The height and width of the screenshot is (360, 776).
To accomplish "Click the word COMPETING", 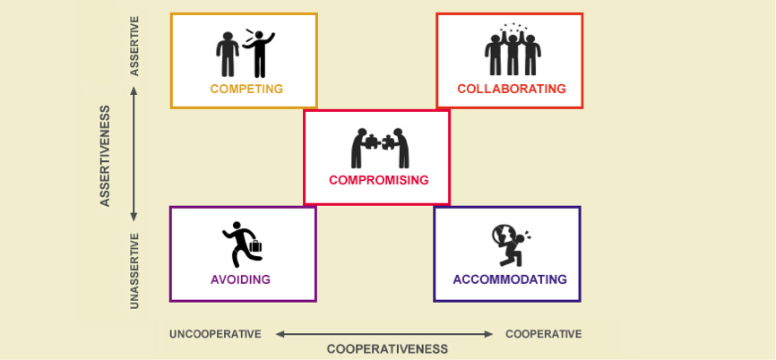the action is [x=246, y=89].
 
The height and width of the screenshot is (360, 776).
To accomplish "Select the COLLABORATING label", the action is [x=512, y=89].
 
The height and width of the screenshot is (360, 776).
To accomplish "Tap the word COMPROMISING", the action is [x=379, y=180].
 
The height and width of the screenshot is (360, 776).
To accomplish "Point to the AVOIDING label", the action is [x=240, y=279].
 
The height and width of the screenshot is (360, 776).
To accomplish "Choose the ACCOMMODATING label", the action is [x=510, y=279].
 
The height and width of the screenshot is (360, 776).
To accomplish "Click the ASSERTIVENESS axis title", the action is [x=105, y=156].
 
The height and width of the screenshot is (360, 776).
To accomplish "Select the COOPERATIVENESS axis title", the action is [x=387, y=349].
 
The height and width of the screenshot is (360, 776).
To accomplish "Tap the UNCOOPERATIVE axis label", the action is [x=215, y=334].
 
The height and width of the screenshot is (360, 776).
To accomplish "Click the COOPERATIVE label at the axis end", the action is [x=543, y=334].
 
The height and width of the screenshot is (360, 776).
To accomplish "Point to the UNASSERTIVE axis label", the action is [x=134, y=271].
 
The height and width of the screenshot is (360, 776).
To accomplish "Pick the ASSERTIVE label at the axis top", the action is [x=134, y=46].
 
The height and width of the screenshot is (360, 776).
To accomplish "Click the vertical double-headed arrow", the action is [x=134, y=154].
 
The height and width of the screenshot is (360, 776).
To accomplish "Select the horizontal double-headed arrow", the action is [x=384, y=334].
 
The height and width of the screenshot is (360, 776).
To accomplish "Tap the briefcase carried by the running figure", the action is [x=255, y=245].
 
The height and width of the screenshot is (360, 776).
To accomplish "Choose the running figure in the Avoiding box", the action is [x=243, y=244].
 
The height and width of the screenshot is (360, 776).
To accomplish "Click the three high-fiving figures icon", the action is [x=513, y=49].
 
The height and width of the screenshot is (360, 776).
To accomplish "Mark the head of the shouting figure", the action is [x=258, y=36].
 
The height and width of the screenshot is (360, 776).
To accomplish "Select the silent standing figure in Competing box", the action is [x=228, y=55].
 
